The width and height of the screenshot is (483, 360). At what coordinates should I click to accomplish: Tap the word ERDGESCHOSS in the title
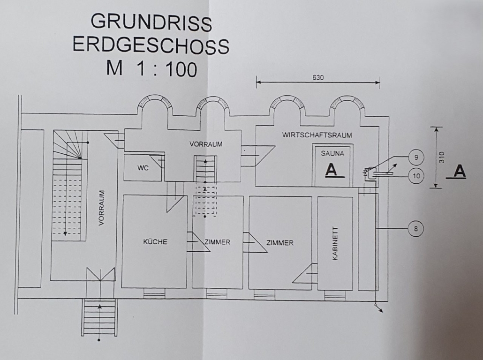pos(151,45)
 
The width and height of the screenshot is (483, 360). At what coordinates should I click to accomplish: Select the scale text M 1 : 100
pos(151,68)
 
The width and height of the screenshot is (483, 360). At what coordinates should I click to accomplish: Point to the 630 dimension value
pos(318,78)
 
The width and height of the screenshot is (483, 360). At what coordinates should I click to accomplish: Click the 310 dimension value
pos(442,157)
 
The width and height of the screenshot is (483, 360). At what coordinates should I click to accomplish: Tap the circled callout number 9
pos(416,157)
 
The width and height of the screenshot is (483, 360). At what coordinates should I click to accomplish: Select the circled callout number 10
pos(416,176)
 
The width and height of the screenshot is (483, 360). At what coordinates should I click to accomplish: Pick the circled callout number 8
pos(415,229)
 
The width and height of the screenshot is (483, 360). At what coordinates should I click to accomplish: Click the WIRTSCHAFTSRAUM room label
pos(317,135)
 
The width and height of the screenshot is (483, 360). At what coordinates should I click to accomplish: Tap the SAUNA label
pos(332,153)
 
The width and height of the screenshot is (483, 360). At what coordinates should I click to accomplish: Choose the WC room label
pos(143,168)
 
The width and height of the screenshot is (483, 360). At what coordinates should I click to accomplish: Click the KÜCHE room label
pos(155,242)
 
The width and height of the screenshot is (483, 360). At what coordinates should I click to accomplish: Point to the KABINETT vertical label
pos(335,244)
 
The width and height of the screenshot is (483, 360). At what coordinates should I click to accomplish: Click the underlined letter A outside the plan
pos(460,172)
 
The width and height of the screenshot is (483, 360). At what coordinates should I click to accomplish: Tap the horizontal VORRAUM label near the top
pos(206,144)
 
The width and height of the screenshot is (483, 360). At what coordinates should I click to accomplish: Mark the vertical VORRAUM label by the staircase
pos(102,208)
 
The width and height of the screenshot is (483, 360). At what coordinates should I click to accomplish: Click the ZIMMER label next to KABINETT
pos(280,242)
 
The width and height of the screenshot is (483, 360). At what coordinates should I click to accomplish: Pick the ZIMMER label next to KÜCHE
pos(217,242)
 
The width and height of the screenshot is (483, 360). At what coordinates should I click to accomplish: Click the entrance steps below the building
pos(99,317)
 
